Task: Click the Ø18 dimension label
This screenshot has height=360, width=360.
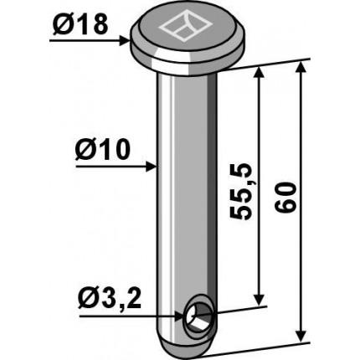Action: click(x=80, y=25)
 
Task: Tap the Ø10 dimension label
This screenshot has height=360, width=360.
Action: click(x=103, y=150)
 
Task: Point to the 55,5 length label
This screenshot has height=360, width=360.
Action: click(x=240, y=191)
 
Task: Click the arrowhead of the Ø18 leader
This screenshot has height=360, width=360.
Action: click(x=125, y=41)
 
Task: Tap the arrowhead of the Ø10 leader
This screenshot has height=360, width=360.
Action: click(x=152, y=167)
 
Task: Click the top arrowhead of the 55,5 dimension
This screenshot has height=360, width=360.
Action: click(x=260, y=72)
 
